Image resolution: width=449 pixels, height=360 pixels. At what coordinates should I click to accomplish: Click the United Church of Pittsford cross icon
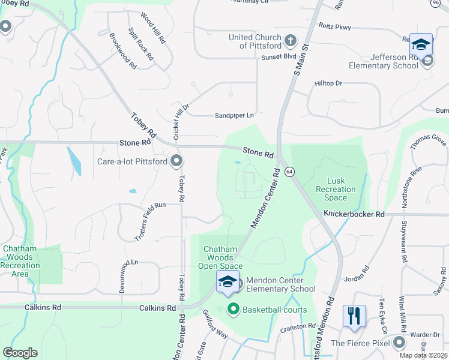click(290, 41)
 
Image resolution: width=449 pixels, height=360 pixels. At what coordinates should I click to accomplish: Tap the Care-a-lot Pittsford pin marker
click(177, 161)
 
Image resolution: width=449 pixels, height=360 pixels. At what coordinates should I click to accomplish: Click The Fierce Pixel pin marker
click(399, 343)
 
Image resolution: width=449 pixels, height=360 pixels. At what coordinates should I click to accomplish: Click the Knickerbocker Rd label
click(354, 214)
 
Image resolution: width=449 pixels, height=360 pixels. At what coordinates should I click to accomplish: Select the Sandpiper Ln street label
click(235, 115)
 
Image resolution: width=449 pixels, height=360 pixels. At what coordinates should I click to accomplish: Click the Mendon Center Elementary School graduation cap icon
click(228, 282)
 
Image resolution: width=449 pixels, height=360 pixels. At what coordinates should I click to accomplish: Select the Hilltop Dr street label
click(328, 83)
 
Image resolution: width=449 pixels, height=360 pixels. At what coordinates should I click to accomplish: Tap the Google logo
click(20, 353)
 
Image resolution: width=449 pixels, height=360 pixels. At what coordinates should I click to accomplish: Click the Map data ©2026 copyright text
click(423, 355)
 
